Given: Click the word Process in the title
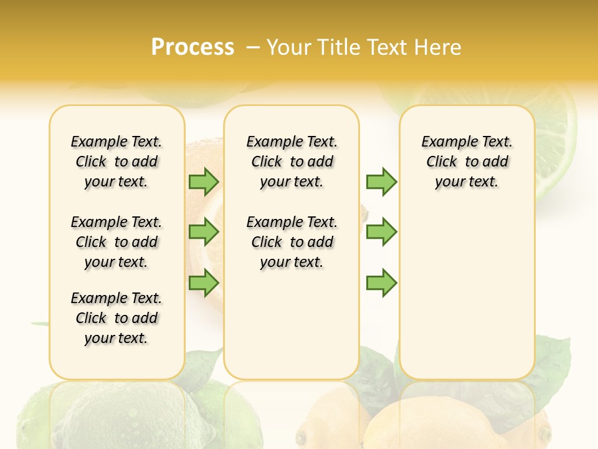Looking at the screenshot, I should click(192, 47).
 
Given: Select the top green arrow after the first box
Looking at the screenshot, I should click(204, 181).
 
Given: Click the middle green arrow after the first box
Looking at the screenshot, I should click(204, 232).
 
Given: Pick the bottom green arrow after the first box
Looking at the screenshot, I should click(204, 282).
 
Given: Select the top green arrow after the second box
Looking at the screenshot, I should click(381, 181).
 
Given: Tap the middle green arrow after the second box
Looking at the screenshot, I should click(381, 232).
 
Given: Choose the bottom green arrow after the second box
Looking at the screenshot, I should click(381, 282).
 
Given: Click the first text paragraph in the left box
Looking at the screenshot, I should click(116, 162).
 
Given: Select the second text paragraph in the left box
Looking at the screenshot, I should click(116, 242).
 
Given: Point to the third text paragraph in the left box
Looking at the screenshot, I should click(116, 318).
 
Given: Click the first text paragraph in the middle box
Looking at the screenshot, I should click(292, 162).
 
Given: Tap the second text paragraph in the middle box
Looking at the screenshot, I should click(292, 242).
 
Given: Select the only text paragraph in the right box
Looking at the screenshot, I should click(467, 162).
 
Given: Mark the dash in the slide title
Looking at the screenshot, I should click(253, 47).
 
